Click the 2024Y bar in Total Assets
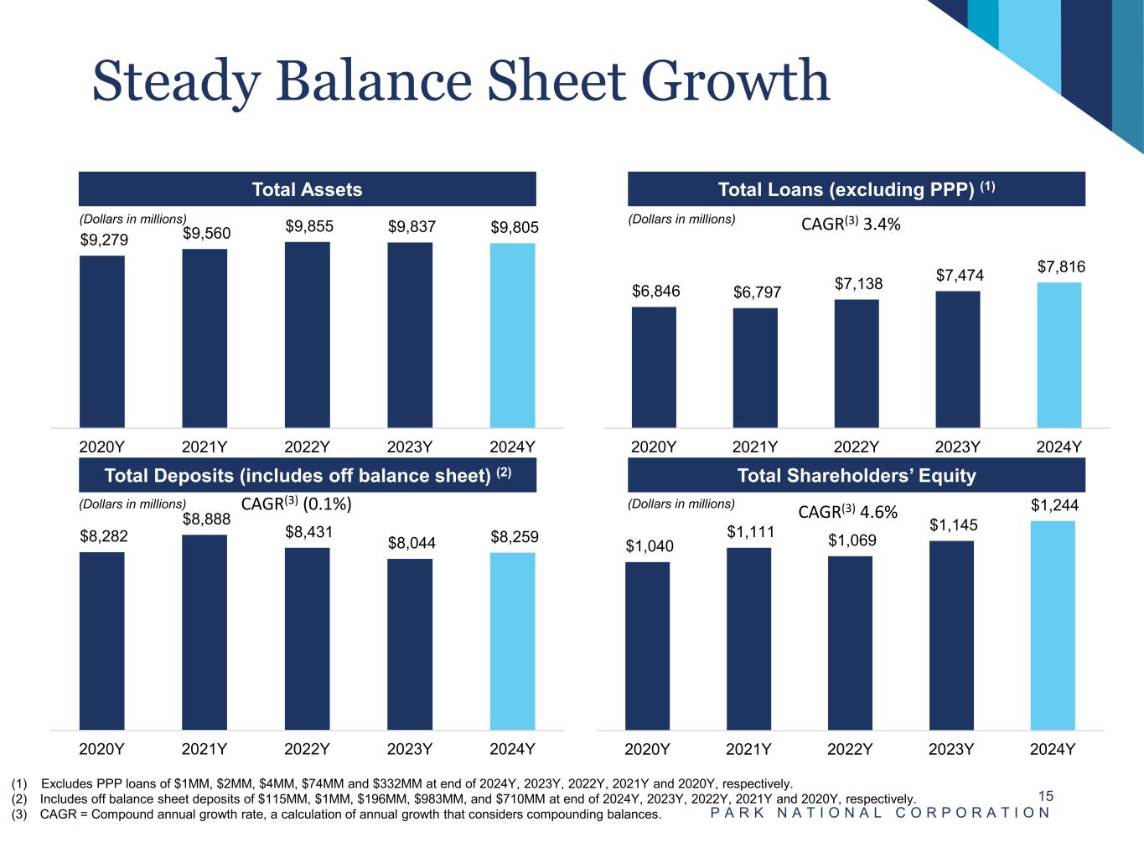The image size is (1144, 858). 512,335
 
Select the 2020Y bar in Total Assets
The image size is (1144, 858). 102,341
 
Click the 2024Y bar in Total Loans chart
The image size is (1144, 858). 1059,354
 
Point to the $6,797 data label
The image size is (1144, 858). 757,292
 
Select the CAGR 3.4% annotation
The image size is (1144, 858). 851,224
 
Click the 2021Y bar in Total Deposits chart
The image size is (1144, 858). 204,632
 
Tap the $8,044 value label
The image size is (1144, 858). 412,543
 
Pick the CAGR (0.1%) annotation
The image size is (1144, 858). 296,504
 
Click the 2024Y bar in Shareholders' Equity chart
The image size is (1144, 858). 1053,625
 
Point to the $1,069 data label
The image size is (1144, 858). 852,540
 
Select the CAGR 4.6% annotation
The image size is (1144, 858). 847,512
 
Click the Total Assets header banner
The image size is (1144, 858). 307,189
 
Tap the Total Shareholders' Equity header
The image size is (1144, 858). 856,476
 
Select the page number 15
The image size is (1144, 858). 1045,796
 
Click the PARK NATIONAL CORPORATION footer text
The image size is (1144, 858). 880,813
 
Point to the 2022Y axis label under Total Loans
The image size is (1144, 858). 856,447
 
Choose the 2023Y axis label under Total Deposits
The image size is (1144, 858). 410,749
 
